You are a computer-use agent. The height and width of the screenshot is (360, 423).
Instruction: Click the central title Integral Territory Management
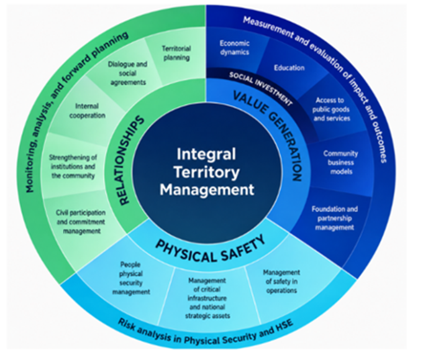[x=207, y=172]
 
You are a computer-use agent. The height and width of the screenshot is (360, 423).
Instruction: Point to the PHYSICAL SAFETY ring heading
[x=211, y=249]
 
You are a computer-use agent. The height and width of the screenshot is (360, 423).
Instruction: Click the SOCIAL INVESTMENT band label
[x=260, y=88]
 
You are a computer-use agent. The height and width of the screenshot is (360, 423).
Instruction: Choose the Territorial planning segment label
[x=176, y=53]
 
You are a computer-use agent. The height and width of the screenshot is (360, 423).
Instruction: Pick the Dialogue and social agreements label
[x=128, y=73]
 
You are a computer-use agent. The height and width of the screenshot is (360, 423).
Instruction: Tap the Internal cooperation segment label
[x=87, y=111]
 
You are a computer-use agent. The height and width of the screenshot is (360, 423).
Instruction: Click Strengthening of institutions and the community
[x=73, y=167]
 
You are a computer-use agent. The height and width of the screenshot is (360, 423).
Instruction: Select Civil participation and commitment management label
[x=81, y=222]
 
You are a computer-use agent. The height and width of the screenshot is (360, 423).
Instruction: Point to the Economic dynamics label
[x=234, y=47]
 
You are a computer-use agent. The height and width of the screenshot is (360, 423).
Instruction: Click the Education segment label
[x=289, y=68]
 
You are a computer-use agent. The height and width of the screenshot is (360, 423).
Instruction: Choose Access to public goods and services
[x=331, y=109]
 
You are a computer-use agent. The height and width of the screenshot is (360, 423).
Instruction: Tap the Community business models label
[x=341, y=162]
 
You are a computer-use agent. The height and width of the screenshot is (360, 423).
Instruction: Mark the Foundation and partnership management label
[x=335, y=218]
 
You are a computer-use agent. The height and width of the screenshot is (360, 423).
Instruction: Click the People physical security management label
[x=131, y=278]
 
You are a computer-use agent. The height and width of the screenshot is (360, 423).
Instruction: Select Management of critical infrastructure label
[x=207, y=298]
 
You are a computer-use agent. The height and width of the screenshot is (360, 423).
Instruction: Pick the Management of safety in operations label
[x=281, y=281]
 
